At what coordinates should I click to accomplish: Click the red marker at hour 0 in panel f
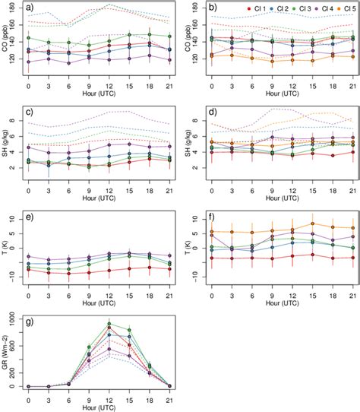(x=210, y=258)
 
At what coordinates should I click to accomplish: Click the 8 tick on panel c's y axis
(x=15, y=119)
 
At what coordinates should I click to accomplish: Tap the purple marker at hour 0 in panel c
(x=28, y=147)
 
